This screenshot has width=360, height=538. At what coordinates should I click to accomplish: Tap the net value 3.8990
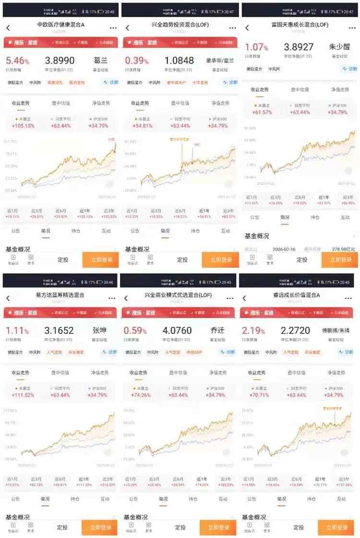click(x=60, y=60)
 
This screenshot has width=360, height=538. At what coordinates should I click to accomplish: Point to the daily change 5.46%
click(x=18, y=61)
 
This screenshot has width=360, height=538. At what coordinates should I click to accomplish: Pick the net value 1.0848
click(x=179, y=60)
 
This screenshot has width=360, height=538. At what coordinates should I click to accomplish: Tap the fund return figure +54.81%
click(x=143, y=126)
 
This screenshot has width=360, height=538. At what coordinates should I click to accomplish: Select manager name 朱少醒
click(x=340, y=47)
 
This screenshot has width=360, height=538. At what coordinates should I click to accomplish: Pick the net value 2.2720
click(x=298, y=330)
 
